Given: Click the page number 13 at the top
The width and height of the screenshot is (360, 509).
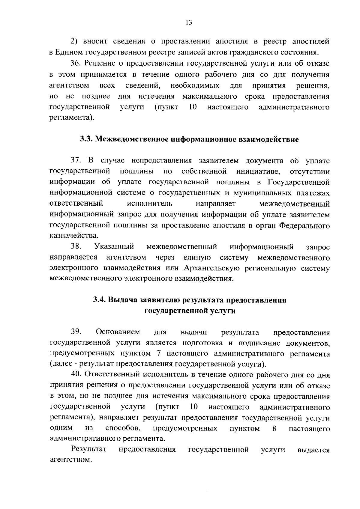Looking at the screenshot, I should click(x=189, y=23).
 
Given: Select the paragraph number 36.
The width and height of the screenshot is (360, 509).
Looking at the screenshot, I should click(x=76, y=64).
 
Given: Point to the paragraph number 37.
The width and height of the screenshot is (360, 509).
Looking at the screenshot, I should click(x=76, y=161).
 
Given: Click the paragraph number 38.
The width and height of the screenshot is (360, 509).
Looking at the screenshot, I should click(x=76, y=247).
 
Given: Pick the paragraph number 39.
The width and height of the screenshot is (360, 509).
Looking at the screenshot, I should click(x=76, y=332).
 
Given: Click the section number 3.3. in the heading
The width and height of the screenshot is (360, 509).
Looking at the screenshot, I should click(x=86, y=139).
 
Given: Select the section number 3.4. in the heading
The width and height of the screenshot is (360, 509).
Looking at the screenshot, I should click(x=99, y=300).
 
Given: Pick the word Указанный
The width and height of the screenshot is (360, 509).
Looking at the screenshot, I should click(x=114, y=247).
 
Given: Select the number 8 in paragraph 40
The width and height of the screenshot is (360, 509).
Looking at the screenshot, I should click(x=274, y=429).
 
